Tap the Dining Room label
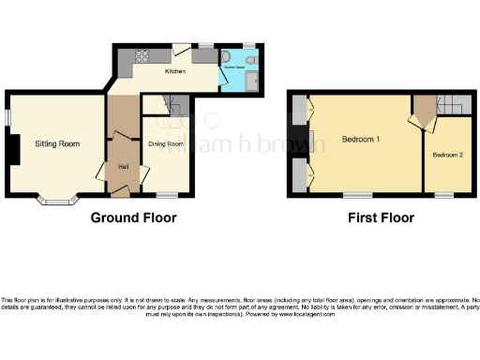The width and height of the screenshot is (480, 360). [x=165, y=143]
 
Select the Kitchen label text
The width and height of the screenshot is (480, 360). [x=175, y=71]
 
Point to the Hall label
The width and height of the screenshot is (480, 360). [x=123, y=167]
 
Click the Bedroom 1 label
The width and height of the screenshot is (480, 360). [x=361, y=140]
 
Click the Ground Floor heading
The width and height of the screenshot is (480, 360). [x=133, y=217]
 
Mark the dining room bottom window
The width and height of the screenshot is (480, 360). [x=167, y=195]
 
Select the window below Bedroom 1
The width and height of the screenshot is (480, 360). [x=355, y=194]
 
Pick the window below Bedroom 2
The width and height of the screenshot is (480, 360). [x=443, y=194]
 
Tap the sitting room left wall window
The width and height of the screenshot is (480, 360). [x=7, y=115]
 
